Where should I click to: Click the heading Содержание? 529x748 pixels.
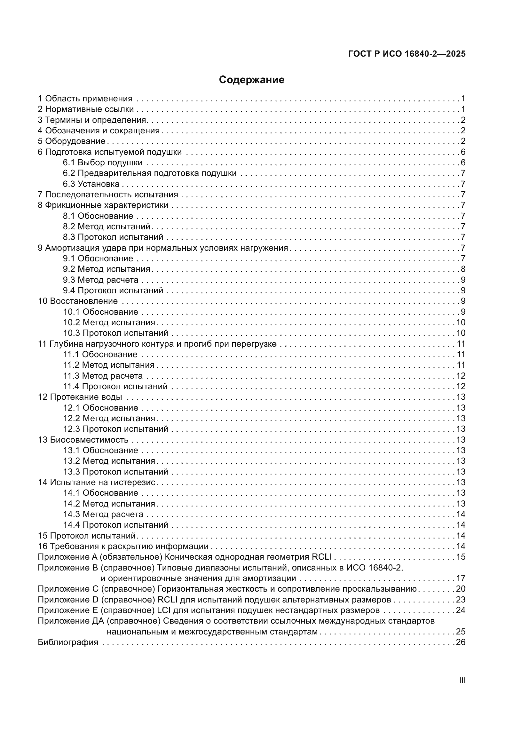point(251,80)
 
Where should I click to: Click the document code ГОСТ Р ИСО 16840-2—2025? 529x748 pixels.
point(407,54)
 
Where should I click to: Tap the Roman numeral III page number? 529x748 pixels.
point(462,681)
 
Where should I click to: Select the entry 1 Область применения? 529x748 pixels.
point(85,98)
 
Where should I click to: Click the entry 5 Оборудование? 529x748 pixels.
point(72,141)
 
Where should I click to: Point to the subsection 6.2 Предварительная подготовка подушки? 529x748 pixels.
point(149,173)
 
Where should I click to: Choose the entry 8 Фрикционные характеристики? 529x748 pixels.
point(103,205)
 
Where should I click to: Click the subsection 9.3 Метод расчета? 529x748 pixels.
point(101,280)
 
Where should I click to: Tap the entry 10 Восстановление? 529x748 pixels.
point(78,301)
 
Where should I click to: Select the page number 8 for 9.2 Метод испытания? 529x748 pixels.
point(463,269)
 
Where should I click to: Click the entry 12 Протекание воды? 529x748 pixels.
point(80,397)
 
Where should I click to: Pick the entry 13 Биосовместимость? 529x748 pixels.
point(83,440)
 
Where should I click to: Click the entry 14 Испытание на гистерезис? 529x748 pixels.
point(97,482)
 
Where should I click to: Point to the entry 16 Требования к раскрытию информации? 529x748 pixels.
point(123,546)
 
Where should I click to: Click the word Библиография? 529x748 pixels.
point(68,642)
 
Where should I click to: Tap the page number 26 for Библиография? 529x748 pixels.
point(461,642)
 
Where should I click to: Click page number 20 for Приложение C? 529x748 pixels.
point(461,589)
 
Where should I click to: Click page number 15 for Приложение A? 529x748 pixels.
point(461,557)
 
